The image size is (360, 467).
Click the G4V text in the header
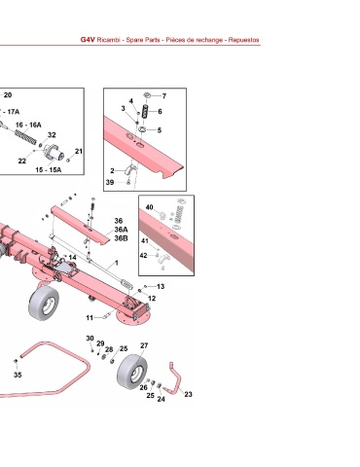coord(88,40)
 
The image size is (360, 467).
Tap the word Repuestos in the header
coord(243,40)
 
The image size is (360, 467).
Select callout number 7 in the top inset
coord(164,96)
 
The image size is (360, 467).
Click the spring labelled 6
coord(148,112)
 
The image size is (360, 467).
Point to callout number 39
coord(110,182)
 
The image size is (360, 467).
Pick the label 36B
coord(121,238)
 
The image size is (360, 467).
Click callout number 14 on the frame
coord(73,257)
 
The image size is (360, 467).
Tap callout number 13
coord(161,286)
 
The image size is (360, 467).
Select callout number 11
coord(90,318)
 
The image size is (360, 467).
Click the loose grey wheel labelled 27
coord(132,370)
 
